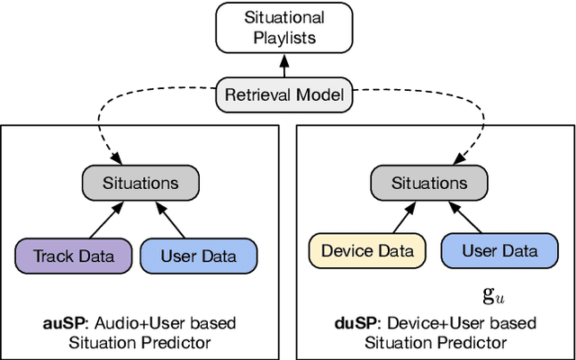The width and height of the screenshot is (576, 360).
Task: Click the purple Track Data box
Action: tap(74, 256)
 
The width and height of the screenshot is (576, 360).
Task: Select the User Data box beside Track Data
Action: tap(198, 256)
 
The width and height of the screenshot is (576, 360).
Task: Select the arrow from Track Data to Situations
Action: tap(110, 220)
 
